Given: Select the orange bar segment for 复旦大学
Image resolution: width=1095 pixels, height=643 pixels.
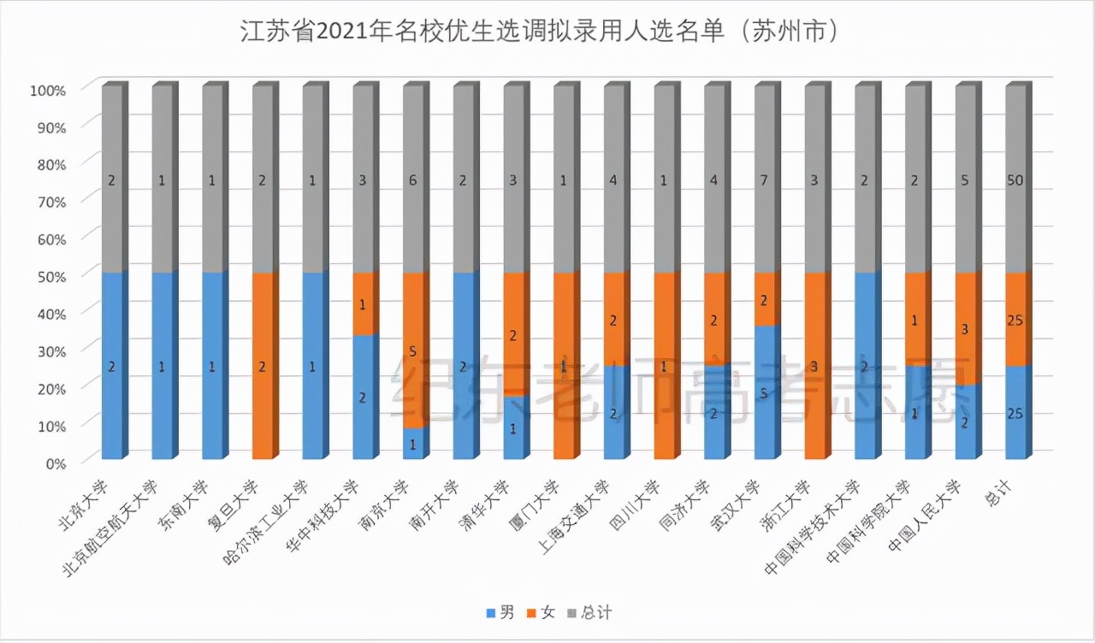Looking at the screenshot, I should tap(263, 366).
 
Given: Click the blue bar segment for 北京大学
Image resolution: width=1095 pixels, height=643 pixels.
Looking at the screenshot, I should tap(112, 366).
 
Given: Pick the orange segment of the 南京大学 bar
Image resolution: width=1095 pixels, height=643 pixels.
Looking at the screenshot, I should tap(414, 351).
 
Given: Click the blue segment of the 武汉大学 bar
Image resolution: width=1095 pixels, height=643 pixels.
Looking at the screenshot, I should tap(766, 392).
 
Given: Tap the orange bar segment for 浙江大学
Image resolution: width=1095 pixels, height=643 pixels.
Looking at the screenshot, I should tap(816, 366).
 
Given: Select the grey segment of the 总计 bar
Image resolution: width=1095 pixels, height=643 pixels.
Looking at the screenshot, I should tap(1016, 180).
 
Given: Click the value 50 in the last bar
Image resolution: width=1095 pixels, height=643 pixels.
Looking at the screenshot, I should tap(1016, 180).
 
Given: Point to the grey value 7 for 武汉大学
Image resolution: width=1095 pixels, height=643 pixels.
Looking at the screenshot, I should tap(766, 180).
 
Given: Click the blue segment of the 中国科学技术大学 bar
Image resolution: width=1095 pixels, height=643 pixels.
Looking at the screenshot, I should tap(866, 366).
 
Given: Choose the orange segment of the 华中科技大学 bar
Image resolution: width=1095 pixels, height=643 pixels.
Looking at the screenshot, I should tap(363, 304).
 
